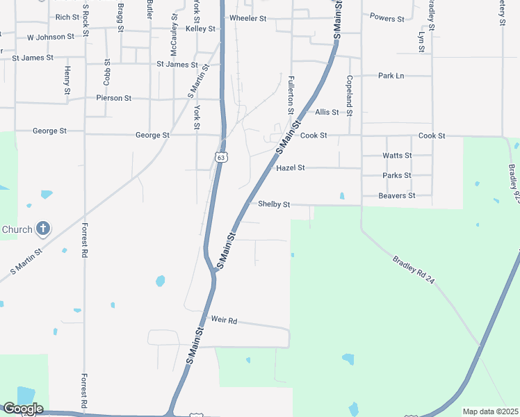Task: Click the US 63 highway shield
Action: (221, 158)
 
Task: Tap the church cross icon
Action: (43, 228)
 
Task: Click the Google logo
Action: (22, 409)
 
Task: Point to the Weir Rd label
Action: (225, 320)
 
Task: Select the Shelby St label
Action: (274, 204)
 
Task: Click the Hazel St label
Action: (291, 168)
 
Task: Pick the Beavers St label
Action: (396, 196)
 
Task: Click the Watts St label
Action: (397, 156)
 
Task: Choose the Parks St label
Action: (397, 176)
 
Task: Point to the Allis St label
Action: (327, 112)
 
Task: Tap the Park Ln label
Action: (391, 76)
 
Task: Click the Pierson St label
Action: (114, 99)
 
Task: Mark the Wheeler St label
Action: (248, 18)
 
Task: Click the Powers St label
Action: (387, 18)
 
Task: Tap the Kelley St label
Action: (201, 29)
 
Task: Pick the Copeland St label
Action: (350, 95)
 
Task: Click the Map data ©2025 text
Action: (489, 411)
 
